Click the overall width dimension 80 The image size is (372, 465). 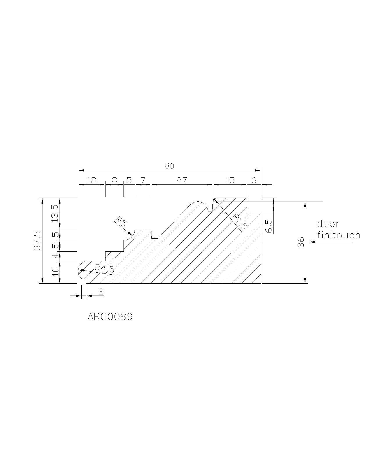tap(169, 166)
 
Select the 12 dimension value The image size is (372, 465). tap(92, 180)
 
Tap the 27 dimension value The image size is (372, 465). tap(182, 180)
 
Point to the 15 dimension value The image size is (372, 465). tap(230, 180)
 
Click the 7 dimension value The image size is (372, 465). tap(143, 180)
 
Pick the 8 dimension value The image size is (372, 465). tap(114, 180)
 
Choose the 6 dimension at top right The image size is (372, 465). tap(254, 180)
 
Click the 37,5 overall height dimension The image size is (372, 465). tap(37, 241)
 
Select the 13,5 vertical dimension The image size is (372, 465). tap(55, 213)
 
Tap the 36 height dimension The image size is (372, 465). tap(301, 242)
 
